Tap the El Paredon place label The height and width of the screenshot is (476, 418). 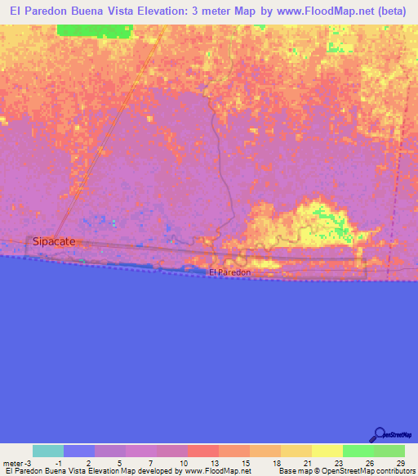click(x=229, y=272)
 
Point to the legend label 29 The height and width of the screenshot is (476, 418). click(x=400, y=462)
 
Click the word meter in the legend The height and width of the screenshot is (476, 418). click(x=12, y=462)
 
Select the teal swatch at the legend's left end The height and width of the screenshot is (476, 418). click(x=48, y=451)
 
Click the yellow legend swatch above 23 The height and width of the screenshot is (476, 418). click(x=327, y=451)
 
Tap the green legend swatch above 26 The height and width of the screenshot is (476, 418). click(x=358, y=451)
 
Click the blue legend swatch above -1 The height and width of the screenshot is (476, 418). click(x=79, y=451)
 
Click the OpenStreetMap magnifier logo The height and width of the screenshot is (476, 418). click(x=380, y=435)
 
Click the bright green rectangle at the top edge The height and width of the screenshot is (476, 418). click(x=94, y=30)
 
